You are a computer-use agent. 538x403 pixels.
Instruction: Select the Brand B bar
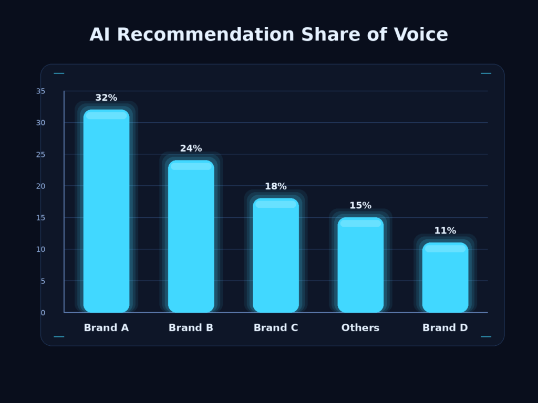click(191, 236)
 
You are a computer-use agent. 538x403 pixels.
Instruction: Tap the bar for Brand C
click(275, 255)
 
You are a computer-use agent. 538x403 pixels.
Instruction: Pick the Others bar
click(360, 264)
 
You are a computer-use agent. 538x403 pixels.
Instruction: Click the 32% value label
click(106, 98)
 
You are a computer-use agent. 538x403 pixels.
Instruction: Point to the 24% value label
click(191, 149)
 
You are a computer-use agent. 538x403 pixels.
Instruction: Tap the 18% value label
click(275, 186)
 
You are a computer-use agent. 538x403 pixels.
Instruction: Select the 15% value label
click(360, 206)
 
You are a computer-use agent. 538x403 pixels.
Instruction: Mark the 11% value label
click(445, 231)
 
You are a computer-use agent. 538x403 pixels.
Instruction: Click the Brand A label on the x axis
click(106, 328)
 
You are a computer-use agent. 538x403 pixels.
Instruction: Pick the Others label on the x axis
click(360, 328)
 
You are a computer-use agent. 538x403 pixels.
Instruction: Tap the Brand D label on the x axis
click(445, 328)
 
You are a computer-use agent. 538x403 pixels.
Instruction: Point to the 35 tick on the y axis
click(40, 91)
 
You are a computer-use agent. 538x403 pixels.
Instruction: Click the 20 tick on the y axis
click(40, 186)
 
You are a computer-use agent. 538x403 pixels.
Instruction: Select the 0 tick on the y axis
click(43, 313)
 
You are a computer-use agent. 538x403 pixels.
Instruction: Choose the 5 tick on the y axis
click(43, 281)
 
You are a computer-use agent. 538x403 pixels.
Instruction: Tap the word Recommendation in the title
click(205, 35)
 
